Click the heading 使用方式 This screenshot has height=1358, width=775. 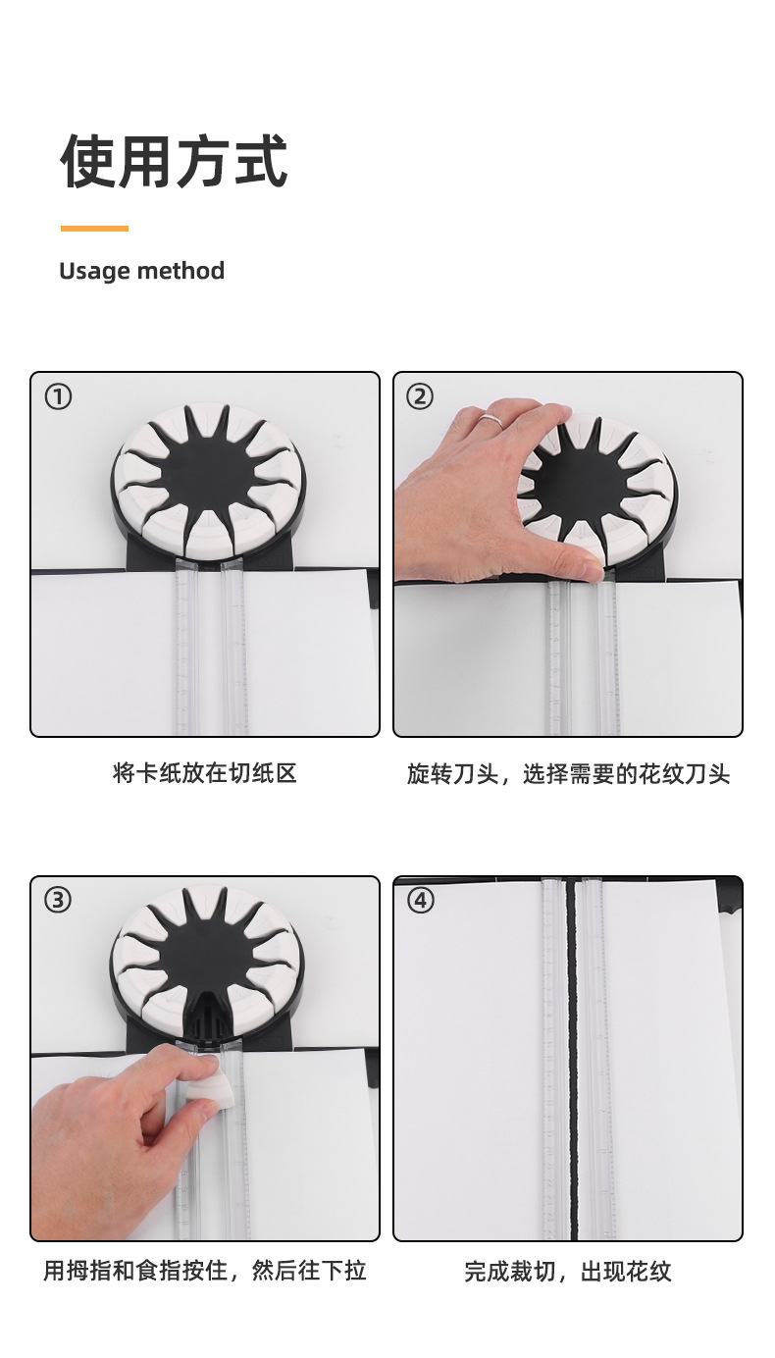(x=174, y=161)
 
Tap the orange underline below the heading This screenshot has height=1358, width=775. (x=94, y=229)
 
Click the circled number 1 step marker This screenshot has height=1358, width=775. (x=59, y=397)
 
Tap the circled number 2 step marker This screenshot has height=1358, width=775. (x=420, y=397)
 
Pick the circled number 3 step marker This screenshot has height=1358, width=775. (x=59, y=900)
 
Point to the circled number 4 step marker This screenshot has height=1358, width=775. (x=420, y=900)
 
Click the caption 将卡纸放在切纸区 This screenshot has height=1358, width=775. (x=205, y=773)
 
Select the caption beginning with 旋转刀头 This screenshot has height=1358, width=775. (x=568, y=773)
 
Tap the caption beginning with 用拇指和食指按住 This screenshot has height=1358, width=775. (x=205, y=1271)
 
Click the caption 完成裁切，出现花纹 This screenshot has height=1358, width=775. (x=568, y=1272)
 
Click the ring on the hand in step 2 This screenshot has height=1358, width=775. (x=491, y=419)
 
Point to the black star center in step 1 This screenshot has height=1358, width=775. (x=208, y=472)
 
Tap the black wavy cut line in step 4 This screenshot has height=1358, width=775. (x=570, y=1060)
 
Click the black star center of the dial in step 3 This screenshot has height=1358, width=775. (x=208, y=957)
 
